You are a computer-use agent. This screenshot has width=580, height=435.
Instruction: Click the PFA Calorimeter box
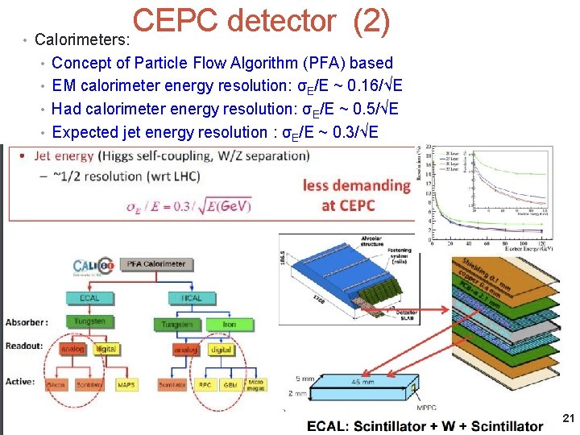pyautogui.click(x=156, y=263)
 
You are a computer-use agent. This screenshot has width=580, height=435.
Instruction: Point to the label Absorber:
pyautogui.click(x=27, y=322)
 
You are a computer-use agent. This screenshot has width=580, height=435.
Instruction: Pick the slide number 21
pyautogui.click(x=567, y=417)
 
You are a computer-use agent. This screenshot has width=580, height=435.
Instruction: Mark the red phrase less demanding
pyautogui.click(x=356, y=185)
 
